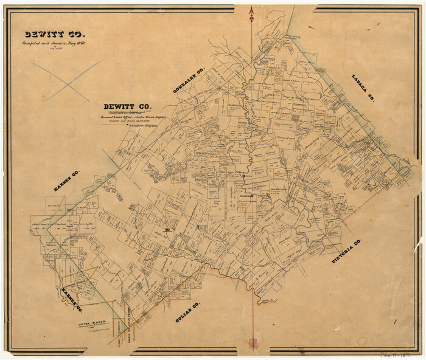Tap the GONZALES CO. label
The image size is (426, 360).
click(189, 80)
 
